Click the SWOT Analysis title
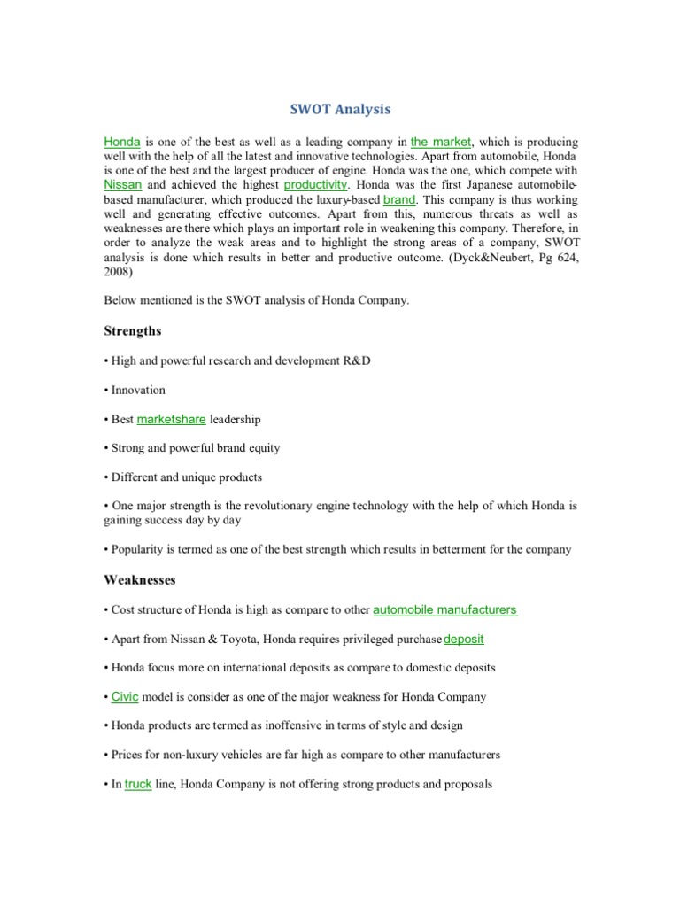(x=340, y=110)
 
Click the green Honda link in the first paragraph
(x=122, y=142)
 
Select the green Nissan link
(x=122, y=185)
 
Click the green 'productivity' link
(x=316, y=185)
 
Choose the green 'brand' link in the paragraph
(x=399, y=200)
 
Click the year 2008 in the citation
(x=117, y=272)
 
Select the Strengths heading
(x=133, y=330)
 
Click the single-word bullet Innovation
(x=138, y=390)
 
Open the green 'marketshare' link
(x=171, y=419)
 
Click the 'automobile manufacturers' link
(x=444, y=609)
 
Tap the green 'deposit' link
(x=464, y=639)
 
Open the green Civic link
(x=125, y=696)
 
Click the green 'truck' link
(x=138, y=784)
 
